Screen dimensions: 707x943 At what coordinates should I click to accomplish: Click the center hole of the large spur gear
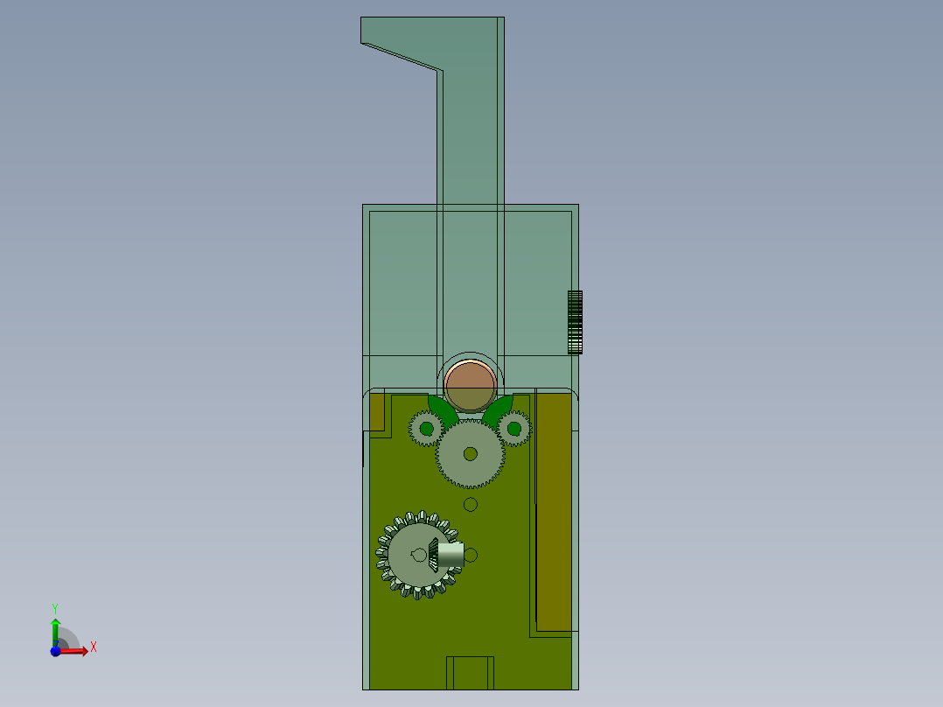(x=471, y=453)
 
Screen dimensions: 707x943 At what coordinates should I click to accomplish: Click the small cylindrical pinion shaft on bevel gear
(x=451, y=554)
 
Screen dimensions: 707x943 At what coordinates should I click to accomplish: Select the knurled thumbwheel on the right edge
(x=575, y=322)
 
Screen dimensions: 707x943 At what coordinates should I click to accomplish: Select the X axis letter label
(x=94, y=647)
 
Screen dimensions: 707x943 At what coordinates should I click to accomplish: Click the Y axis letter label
(x=55, y=606)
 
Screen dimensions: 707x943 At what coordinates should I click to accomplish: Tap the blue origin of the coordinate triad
(x=55, y=651)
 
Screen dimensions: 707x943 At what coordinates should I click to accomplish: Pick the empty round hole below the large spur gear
(x=471, y=504)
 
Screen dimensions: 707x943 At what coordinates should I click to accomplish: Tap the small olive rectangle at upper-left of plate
(x=378, y=411)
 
